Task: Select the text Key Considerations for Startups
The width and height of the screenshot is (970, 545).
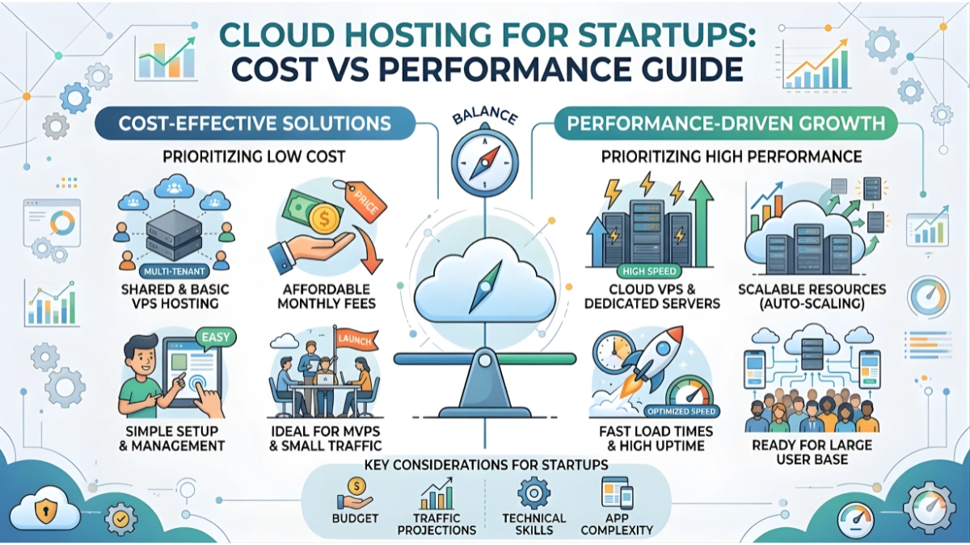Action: point(486,465)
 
